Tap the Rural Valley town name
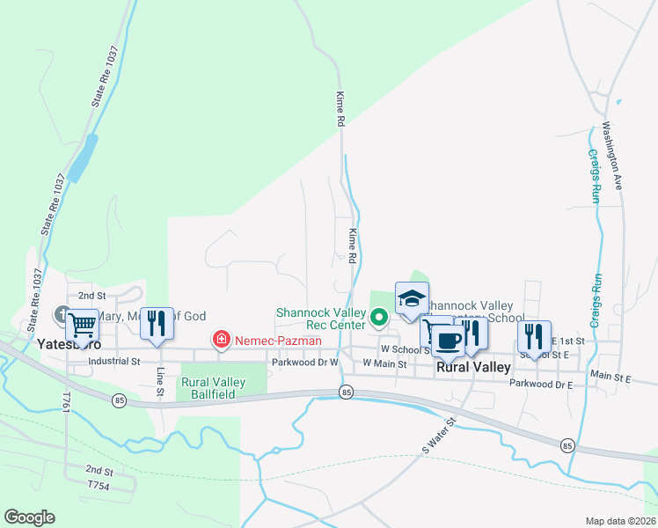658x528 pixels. pyautogui.click(x=473, y=367)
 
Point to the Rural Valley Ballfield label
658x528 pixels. pyautogui.click(x=213, y=388)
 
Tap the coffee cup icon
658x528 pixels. pyautogui.click(x=448, y=340)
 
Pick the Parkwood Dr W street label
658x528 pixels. pyautogui.click(x=305, y=362)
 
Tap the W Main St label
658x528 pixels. pyautogui.click(x=384, y=363)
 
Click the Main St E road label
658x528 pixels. pyautogui.click(x=611, y=376)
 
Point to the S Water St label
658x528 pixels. pyautogui.click(x=439, y=435)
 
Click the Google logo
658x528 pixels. pyautogui.click(x=29, y=517)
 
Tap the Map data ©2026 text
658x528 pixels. pyautogui.click(x=619, y=521)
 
